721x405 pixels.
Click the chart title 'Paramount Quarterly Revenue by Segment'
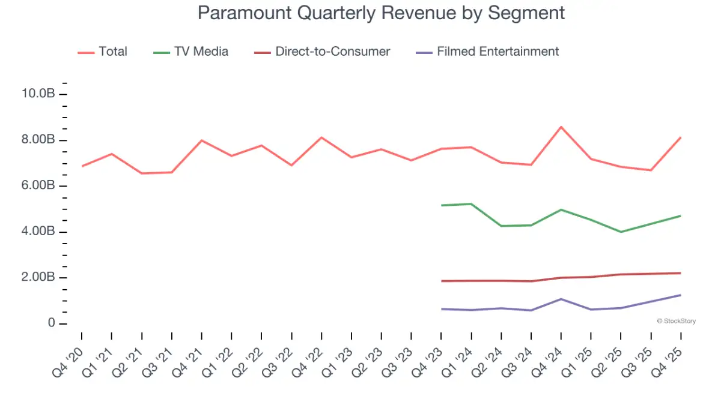coord(381,13)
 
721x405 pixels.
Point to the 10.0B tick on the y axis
coord(38,94)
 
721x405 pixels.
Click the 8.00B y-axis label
coord(38,140)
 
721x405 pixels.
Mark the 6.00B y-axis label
coord(38,186)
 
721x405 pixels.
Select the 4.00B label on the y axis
coord(38,232)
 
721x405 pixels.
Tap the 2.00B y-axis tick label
coord(38,278)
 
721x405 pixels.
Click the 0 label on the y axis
coord(51,323)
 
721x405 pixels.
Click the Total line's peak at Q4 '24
coord(561,127)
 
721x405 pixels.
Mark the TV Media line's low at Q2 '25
coord(621,232)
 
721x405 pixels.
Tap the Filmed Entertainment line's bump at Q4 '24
coord(561,299)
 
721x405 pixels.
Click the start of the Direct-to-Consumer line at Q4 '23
coord(442,281)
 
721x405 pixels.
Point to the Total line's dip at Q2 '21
coord(142,173)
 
